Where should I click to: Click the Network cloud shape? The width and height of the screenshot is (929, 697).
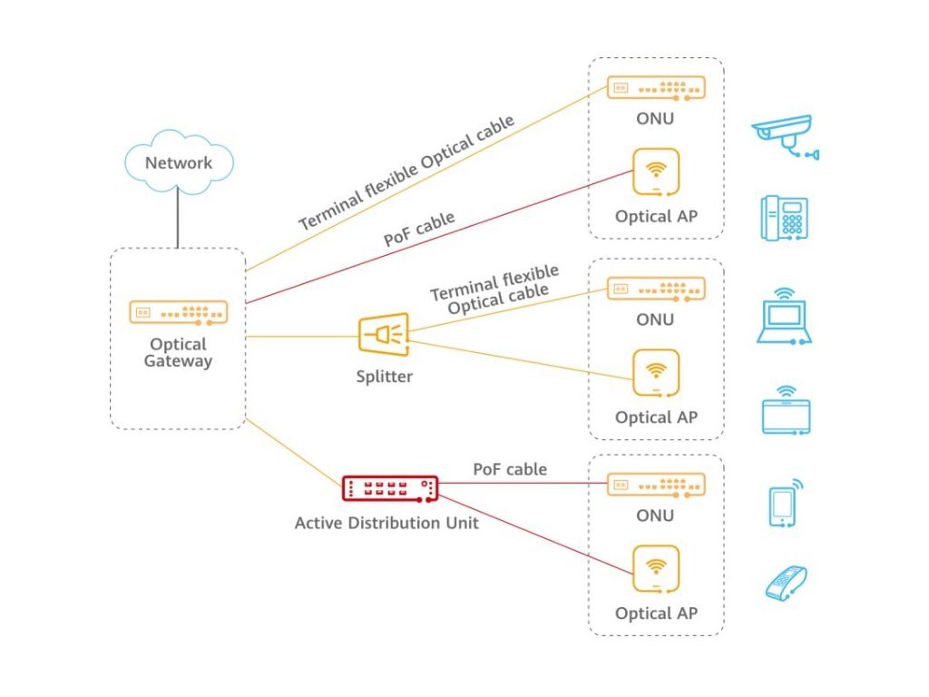click(x=178, y=162)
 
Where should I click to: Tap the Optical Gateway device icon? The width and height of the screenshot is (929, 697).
click(x=178, y=312)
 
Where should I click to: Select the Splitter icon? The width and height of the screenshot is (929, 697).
click(x=384, y=335)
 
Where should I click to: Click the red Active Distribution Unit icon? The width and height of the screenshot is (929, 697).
click(x=390, y=488)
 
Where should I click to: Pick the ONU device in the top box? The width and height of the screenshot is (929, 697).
click(x=656, y=87)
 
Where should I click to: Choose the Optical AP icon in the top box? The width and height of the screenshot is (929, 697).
click(x=656, y=172)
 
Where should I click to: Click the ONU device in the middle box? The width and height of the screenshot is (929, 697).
click(x=656, y=289)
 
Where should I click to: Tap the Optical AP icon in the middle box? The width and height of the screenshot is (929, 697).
click(x=656, y=372)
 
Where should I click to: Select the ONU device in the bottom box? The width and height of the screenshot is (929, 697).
click(x=656, y=484)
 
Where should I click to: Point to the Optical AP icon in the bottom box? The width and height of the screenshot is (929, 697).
click(x=656, y=569)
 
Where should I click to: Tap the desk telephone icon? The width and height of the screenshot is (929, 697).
click(x=784, y=218)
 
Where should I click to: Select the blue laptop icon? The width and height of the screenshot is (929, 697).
click(x=784, y=317)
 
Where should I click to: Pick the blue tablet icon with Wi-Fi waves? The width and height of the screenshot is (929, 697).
click(x=786, y=411)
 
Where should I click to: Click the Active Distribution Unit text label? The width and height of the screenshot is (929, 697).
click(x=386, y=523)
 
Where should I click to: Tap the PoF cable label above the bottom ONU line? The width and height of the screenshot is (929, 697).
click(x=510, y=469)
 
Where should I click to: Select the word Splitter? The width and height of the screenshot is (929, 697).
click(x=384, y=376)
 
